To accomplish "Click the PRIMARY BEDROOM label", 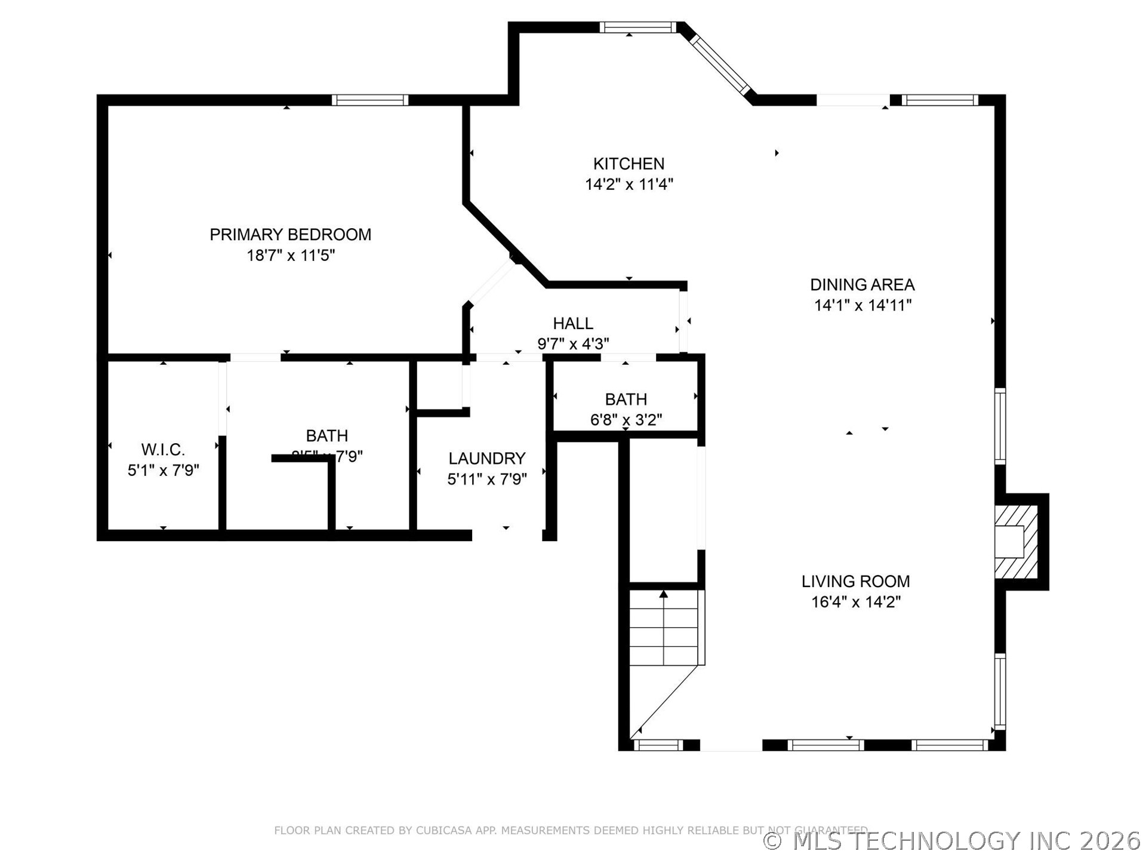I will click(x=290, y=235).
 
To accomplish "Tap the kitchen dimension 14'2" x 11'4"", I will click(x=629, y=185).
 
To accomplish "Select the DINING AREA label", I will click(x=862, y=285).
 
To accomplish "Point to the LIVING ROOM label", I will click(x=855, y=581).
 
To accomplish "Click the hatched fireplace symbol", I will click(x=1016, y=542).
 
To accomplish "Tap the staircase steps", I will click(x=664, y=628).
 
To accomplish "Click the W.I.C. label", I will click(x=163, y=450).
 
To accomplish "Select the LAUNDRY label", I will click(x=487, y=459).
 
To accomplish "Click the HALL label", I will click(x=573, y=324).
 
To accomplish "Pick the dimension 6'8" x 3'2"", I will click(x=626, y=420).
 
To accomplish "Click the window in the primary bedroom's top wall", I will click(x=370, y=100).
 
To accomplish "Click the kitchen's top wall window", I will click(x=637, y=27).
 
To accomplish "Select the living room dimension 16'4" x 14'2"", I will click(x=855, y=602).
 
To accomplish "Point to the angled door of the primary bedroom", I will click(x=491, y=282).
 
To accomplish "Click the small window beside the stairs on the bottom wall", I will click(x=658, y=745).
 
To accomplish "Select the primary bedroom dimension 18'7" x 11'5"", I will click(x=291, y=256).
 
